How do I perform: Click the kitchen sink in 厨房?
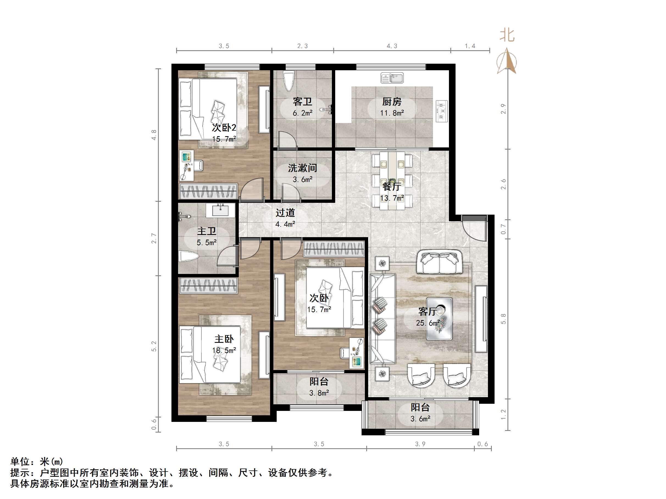point(392,78)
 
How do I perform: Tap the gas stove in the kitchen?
point(442,111)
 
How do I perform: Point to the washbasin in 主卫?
point(220,210)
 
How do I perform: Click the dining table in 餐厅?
point(392,181)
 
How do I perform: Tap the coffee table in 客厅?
point(439,319)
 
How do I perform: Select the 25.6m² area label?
point(428,323)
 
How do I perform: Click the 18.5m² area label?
point(224,351)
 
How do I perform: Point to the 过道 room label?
point(285,213)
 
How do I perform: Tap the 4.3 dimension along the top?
point(392,46)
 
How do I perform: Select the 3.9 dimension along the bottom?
point(420,444)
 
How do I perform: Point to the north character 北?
point(507,35)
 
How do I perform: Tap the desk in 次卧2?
point(187,166)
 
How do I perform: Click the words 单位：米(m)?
point(37,461)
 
